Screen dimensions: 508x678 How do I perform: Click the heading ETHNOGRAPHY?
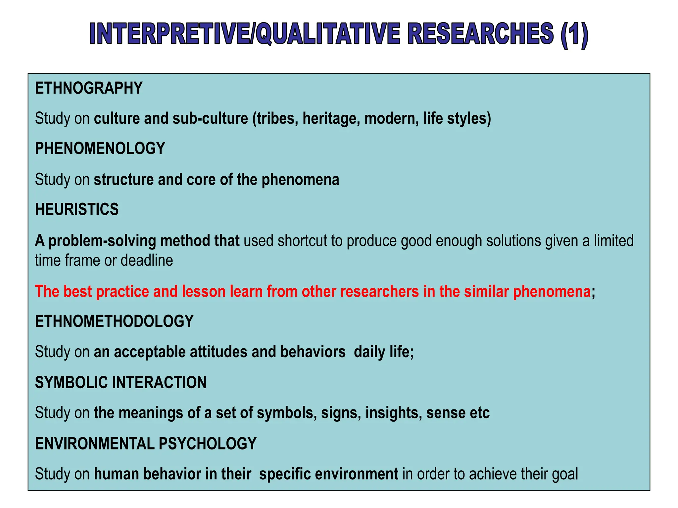coord(89,88)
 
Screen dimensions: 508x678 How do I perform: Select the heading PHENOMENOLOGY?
coord(100,148)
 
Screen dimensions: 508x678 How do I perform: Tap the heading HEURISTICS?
coord(77,209)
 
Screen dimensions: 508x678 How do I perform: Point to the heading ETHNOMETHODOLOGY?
coord(114,321)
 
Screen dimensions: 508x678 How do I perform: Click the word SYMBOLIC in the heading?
coord(71,383)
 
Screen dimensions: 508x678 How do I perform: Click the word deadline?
coord(147,260)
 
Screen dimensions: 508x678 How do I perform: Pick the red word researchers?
coord(379,291)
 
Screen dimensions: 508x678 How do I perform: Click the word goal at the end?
coord(565,474)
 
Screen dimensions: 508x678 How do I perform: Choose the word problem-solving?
coord(102,241)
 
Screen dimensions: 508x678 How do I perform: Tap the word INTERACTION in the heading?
coord(159,383)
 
